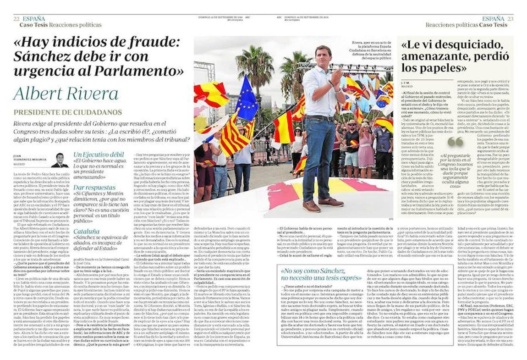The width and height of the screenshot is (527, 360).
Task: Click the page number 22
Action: tap(16, 19)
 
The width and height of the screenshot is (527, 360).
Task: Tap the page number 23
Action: tap(510, 19)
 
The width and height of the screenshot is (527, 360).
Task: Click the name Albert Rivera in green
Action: tap(66, 93)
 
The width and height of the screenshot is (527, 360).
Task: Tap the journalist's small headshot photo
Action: tap(60, 160)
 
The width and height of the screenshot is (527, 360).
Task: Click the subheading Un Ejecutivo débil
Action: tap(97, 155)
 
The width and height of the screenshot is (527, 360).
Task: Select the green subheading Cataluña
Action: tap(87, 232)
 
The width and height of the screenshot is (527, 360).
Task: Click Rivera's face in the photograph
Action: tap(322, 54)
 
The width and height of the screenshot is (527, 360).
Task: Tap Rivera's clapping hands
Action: tap(337, 79)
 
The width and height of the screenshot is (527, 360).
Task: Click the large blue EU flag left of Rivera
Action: tap(247, 99)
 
